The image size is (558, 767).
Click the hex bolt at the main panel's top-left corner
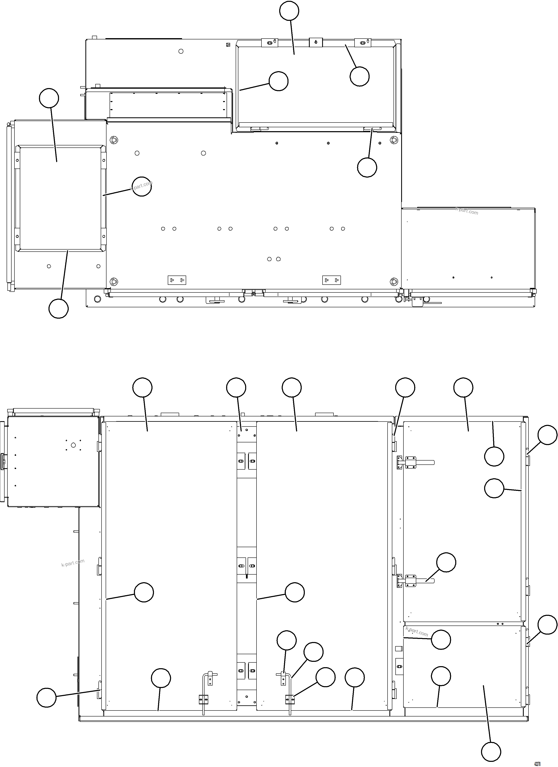pos(114,140)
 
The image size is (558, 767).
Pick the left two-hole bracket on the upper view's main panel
pos(177,280)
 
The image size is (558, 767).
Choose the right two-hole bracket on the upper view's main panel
pos(331,280)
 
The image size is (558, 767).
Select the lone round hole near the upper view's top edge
pos(181,51)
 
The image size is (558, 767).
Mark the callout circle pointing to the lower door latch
pos(446,562)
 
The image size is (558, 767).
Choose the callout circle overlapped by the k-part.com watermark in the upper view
pos(141,186)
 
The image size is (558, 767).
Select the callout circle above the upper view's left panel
pos(49,98)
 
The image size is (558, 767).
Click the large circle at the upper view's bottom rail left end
pos(97,299)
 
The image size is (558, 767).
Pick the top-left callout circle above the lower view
pos(142,387)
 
